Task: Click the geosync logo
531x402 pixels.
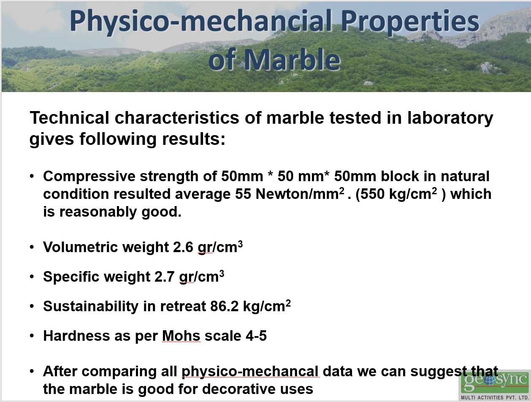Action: click(495, 385)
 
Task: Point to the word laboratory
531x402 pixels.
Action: click(450, 118)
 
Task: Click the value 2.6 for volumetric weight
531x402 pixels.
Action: click(183, 247)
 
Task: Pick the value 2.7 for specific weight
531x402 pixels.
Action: click(164, 277)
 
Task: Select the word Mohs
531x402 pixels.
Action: click(181, 336)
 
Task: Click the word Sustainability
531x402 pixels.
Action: click(90, 306)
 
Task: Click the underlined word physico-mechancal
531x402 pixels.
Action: click(250, 372)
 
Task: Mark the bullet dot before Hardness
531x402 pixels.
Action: click(32, 336)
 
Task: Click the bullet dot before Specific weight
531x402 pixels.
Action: click(32, 277)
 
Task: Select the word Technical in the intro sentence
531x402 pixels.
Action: click(69, 118)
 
